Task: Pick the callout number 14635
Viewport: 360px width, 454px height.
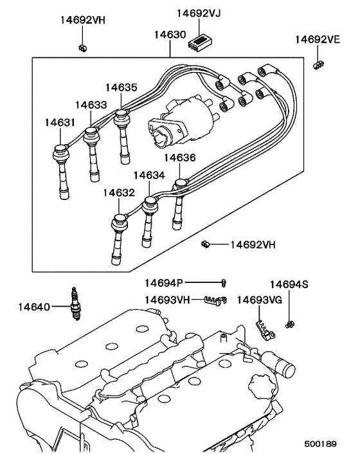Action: [x=122, y=87]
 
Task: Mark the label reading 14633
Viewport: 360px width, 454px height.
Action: [x=91, y=104]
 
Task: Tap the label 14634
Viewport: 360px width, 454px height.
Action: [x=149, y=175]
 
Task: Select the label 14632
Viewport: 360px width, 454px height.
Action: [x=118, y=192]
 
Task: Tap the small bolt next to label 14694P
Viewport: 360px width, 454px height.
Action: [x=224, y=282]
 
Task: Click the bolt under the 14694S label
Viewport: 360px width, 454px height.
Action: [x=289, y=324]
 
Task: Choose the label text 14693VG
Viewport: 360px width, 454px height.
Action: [x=259, y=300]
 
